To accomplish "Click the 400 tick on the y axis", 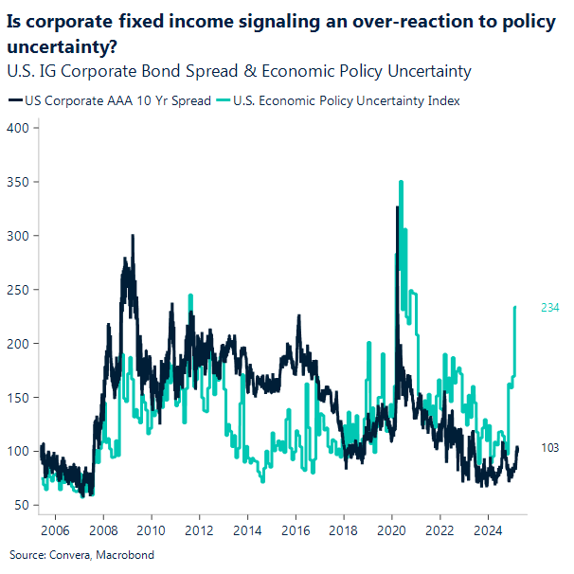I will coord(22,127).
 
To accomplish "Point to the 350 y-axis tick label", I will coord(22,181).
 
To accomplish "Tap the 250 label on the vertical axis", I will coord(22,289).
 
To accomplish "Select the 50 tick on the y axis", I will coord(25,505).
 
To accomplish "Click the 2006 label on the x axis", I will coord(55,529).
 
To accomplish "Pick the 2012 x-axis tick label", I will coord(200,529).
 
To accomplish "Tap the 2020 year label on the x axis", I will coord(392,529).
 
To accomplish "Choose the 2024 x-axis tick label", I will coord(488,529).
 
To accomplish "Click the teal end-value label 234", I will coord(549,307).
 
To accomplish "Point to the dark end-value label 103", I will coord(549,447).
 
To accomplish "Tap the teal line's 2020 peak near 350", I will coord(402,182).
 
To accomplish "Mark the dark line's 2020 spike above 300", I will coord(396,207).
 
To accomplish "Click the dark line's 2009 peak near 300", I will coord(132,236).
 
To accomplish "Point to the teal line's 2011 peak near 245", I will coord(190,296).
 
